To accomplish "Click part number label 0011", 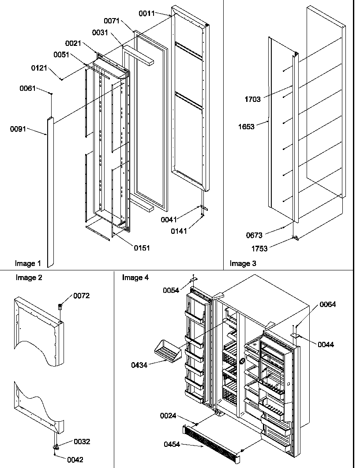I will point(146,14).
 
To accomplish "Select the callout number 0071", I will point(112,21).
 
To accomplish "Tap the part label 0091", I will point(18,129).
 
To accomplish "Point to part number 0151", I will point(142,248).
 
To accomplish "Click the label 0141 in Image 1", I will point(179,231).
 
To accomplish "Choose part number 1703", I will point(253,99).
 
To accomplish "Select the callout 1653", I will point(247,127).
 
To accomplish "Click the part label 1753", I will point(259,248).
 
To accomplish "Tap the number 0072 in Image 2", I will point(82,296).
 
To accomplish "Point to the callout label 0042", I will point(75,459).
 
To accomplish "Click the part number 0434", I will point(139,364).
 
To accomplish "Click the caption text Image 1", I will point(28,264).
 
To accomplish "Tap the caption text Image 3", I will point(243,264).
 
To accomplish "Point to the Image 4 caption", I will point(135,277).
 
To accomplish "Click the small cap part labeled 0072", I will point(60,306).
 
